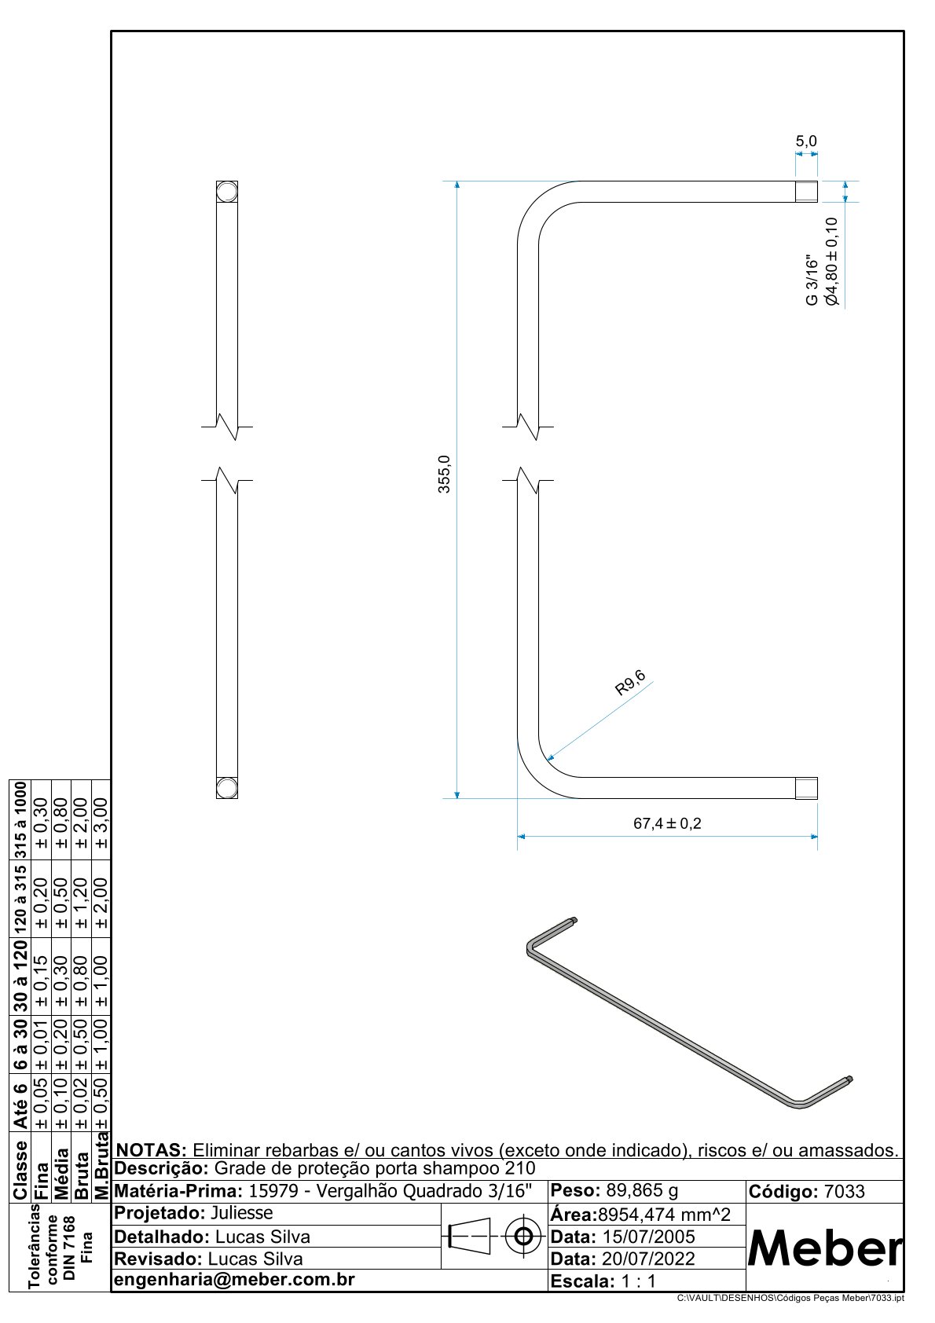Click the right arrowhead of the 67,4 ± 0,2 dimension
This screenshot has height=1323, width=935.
point(813,837)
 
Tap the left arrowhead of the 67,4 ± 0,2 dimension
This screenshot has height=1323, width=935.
point(522,837)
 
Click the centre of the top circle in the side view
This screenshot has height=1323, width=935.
point(227,192)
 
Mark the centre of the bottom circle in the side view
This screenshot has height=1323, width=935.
point(227,788)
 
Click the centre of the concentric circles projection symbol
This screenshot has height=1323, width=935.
point(523,1236)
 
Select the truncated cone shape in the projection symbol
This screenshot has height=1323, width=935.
point(470,1236)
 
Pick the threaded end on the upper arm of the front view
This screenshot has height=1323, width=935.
point(806,192)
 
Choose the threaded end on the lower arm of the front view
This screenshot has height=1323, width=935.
point(806,788)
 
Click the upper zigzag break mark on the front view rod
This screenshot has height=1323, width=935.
point(528,427)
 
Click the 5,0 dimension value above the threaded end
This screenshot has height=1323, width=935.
point(805,141)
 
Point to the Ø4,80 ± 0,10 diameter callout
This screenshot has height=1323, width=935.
point(831,262)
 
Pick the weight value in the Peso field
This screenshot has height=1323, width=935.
point(642,1191)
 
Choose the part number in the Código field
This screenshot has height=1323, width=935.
point(844,1192)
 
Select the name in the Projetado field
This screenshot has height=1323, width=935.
point(241,1213)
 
